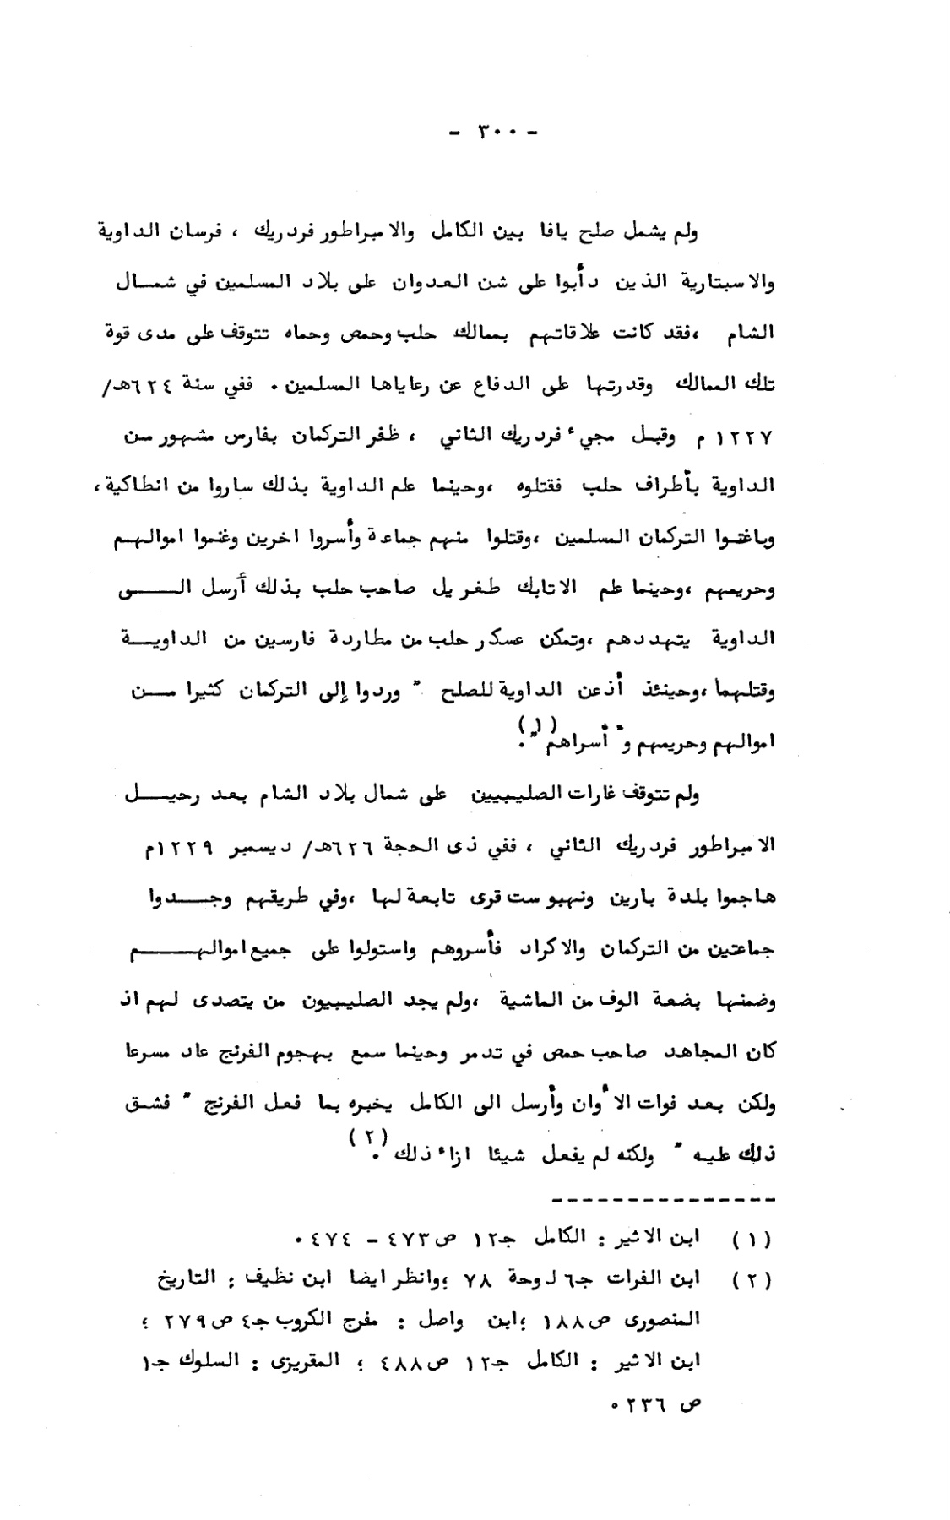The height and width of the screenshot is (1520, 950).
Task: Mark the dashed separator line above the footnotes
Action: coord(660,1198)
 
